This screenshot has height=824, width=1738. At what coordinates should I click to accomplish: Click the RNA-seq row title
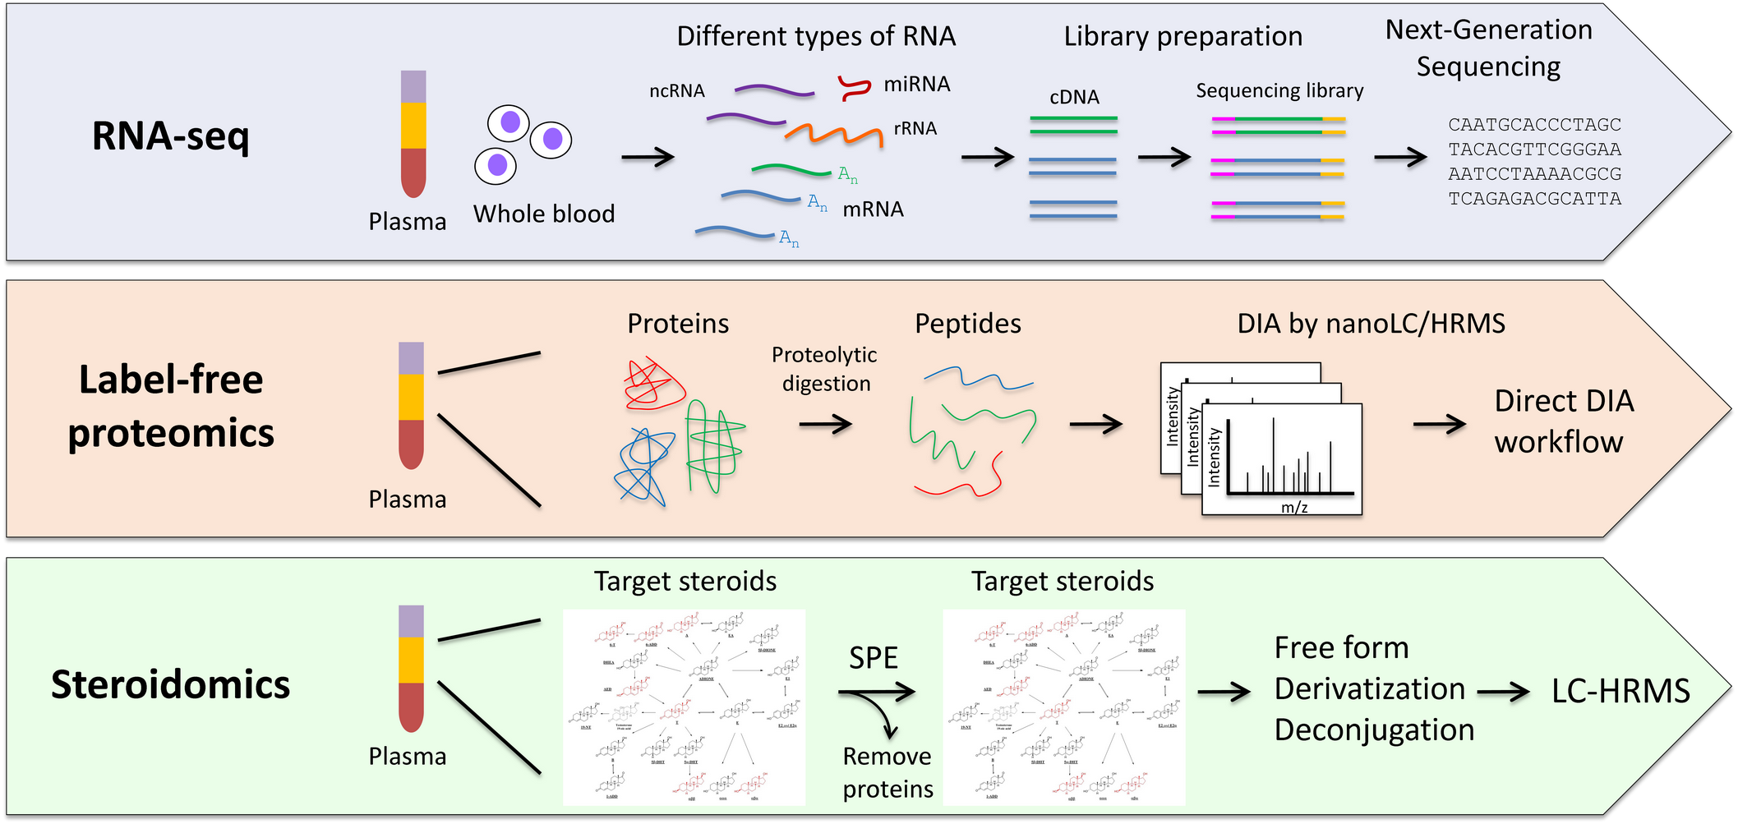click(x=170, y=136)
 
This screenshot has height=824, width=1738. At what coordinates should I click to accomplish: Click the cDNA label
click(x=1074, y=97)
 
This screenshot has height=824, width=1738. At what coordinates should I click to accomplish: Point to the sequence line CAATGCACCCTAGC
click(x=1534, y=125)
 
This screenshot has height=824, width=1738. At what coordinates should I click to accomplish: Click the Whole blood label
click(x=544, y=214)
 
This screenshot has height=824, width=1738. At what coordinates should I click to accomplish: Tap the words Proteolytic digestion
click(x=825, y=369)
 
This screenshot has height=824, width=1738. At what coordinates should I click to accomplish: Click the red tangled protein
click(x=653, y=384)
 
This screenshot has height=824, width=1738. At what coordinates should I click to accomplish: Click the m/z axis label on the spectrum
click(x=1294, y=507)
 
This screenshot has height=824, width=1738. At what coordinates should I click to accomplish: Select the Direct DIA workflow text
click(x=1563, y=421)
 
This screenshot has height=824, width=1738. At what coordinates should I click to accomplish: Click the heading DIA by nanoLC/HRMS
click(x=1371, y=324)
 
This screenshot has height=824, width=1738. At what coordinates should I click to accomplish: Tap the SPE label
click(x=873, y=658)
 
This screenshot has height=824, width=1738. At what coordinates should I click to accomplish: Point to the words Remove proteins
click(x=887, y=772)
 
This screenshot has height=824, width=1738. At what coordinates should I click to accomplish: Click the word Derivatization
click(x=1369, y=689)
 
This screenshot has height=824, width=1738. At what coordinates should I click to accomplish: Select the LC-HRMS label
click(x=1620, y=692)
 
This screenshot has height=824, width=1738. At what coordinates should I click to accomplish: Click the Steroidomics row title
click(x=170, y=684)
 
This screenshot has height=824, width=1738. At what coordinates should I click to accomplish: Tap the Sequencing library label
click(x=1279, y=90)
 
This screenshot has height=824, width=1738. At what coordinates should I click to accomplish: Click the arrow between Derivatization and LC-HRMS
click(x=1503, y=693)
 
